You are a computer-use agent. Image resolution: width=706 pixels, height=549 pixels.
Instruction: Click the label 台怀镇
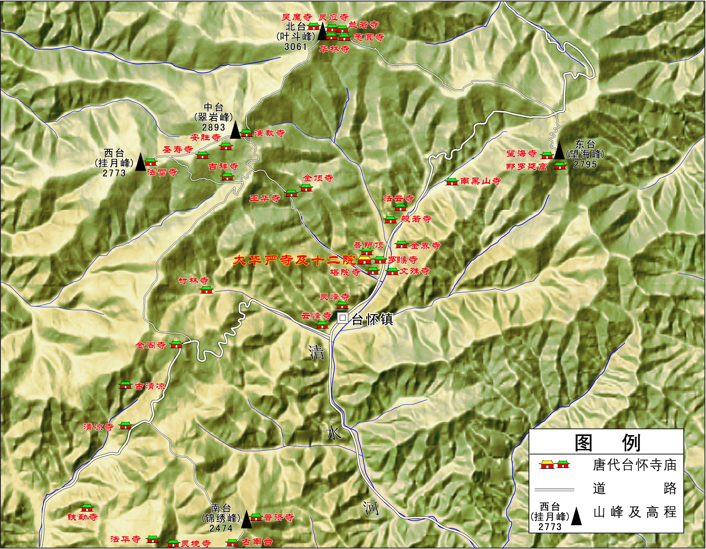pos(372,319)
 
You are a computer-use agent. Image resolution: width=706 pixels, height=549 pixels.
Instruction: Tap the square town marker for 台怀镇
pos(342,318)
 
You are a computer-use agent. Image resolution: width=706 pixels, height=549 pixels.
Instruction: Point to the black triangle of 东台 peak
pos(559,151)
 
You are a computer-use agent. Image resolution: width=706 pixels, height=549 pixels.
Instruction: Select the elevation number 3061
pos(296,47)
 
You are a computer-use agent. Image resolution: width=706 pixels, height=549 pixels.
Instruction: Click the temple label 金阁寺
pos(151,345)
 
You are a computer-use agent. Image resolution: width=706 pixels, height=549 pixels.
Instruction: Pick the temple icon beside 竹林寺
pos(206,290)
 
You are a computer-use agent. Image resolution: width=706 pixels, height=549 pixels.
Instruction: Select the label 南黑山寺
pos(481,181)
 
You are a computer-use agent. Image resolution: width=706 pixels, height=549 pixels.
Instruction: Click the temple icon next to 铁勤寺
pos(87,508)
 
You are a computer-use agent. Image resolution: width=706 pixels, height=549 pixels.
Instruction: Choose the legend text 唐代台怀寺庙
pos(634,465)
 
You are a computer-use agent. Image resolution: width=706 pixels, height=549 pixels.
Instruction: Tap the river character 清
pos(317,352)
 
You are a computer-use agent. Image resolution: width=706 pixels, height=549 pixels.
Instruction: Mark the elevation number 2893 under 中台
pos(213,127)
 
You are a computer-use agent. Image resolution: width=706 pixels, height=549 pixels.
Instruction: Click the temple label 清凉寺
pos(99,427)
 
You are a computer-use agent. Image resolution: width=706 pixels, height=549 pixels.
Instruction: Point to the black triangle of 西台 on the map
pos(140,162)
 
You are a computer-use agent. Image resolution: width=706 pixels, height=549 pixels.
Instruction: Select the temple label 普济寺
pos(279,518)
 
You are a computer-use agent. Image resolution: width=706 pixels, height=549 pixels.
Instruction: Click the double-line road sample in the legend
pos(554,489)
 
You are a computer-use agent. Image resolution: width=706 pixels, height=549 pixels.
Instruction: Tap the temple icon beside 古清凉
pos(126,385)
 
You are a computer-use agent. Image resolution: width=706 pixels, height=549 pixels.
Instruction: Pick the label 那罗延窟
pos(526,166)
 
